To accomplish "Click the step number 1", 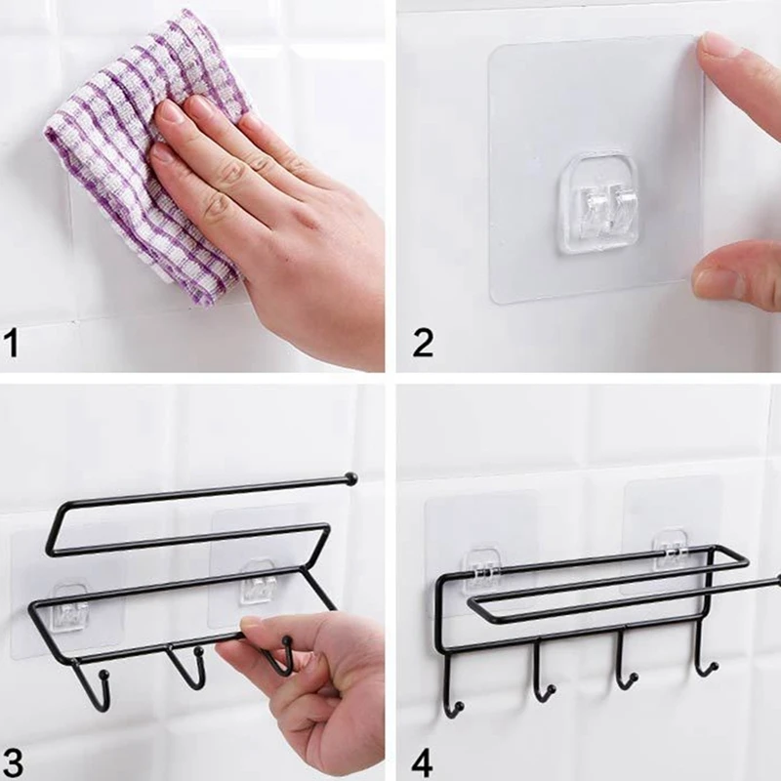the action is point(11,343).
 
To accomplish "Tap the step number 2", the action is point(423,343).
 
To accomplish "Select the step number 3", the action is point(13,762).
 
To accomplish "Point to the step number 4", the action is point(423,762).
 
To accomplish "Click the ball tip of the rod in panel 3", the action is point(350,478).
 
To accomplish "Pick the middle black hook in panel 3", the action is point(188,668).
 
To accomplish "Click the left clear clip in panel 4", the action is point(479,569).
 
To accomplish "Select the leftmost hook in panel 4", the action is point(452,685).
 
